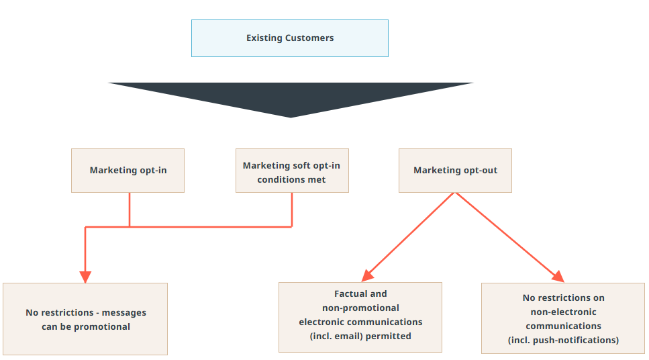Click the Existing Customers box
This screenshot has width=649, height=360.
pyautogui.click(x=289, y=38)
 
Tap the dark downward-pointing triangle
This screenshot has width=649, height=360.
pyautogui.click(x=291, y=97)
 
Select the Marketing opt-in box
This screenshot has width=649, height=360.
pyautogui.click(x=128, y=171)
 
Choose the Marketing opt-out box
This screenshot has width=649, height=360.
pyautogui.click(x=455, y=171)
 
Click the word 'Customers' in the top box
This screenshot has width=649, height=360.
pyautogui.click(x=309, y=38)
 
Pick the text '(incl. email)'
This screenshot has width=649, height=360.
pyautogui.click(x=338, y=336)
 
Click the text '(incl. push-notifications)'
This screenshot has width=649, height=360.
pyautogui.click(x=563, y=340)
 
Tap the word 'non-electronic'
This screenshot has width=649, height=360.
pyautogui.click(x=563, y=312)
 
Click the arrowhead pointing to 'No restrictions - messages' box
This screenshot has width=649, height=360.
pyautogui.click(x=85, y=277)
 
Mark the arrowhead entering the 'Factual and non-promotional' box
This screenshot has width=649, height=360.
pyautogui.click(x=367, y=276)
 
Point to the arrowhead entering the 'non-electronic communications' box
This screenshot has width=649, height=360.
pyautogui.click(x=558, y=277)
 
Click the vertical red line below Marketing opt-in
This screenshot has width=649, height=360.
pyautogui.click(x=130, y=210)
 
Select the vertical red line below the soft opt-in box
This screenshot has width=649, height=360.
pyautogui.click(x=292, y=210)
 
